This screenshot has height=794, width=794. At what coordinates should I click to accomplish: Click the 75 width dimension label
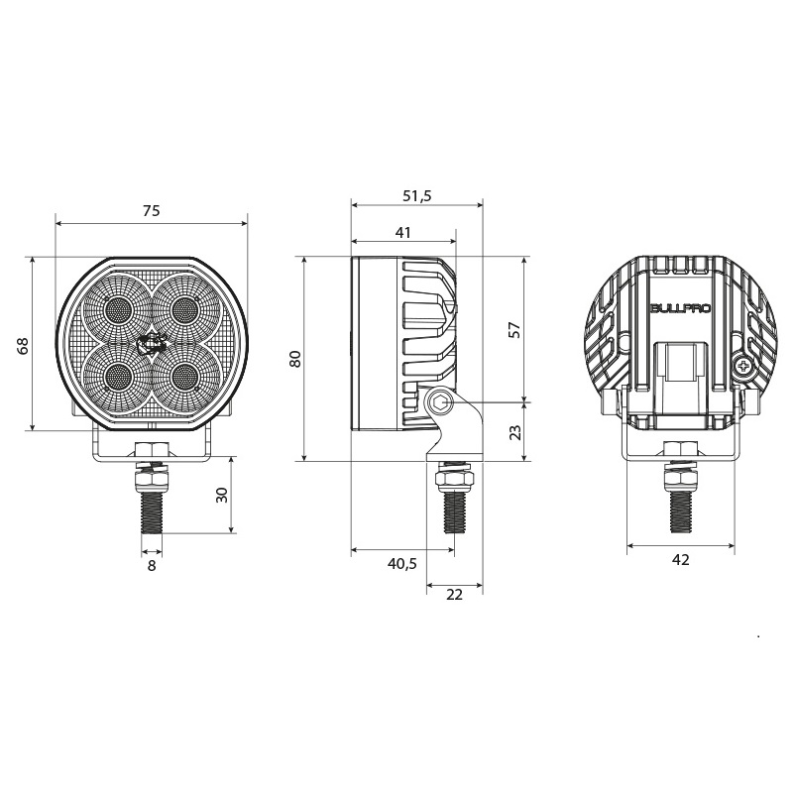click(151, 210)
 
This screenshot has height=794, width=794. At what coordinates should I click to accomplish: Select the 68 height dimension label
click(23, 345)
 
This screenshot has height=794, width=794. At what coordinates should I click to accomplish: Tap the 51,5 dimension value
click(417, 195)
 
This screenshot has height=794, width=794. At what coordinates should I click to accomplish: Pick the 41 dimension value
click(403, 232)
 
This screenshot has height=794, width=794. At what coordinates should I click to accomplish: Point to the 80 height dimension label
click(295, 359)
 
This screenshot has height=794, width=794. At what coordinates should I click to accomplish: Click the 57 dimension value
click(514, 330)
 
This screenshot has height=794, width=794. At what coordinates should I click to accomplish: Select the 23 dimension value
click(514, 432)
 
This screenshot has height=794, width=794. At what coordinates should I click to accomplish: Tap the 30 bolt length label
click(222, 495)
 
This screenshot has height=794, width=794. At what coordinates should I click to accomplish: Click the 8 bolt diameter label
click(152, 566)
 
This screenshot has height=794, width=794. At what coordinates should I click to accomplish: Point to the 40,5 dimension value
click(402, 563)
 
